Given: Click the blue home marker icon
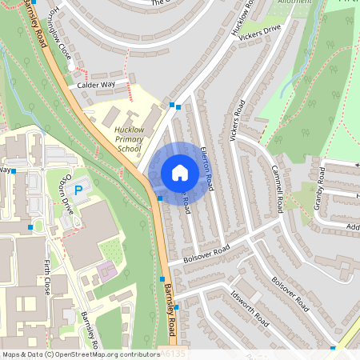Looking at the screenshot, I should [179, 173].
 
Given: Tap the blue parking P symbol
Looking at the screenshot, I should [78, 190].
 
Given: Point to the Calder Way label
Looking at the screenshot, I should [97, 83].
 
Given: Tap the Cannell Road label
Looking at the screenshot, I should [277, 189].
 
